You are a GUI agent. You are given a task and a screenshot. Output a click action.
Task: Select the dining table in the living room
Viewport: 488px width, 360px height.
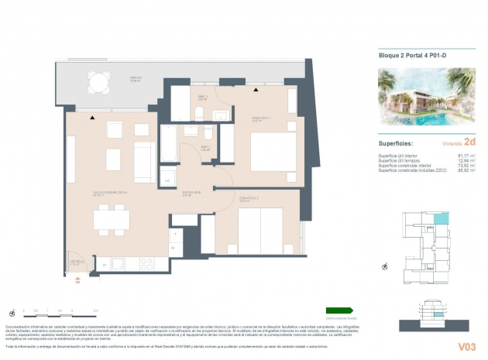coord(111,219)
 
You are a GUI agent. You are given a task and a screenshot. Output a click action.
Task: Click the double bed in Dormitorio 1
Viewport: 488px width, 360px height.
coord(270,147)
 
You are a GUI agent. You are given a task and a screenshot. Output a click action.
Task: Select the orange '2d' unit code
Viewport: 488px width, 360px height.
coord(469,142)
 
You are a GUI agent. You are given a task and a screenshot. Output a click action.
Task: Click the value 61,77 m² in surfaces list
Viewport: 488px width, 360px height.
coord(465,155)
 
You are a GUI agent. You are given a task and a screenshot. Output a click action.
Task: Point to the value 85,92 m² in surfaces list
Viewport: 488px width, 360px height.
coord(465,170)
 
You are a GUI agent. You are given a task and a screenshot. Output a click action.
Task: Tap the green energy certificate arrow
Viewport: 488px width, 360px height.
coord(339,310)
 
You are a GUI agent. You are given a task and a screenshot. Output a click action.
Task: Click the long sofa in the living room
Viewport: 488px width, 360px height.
coord(145,162)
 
